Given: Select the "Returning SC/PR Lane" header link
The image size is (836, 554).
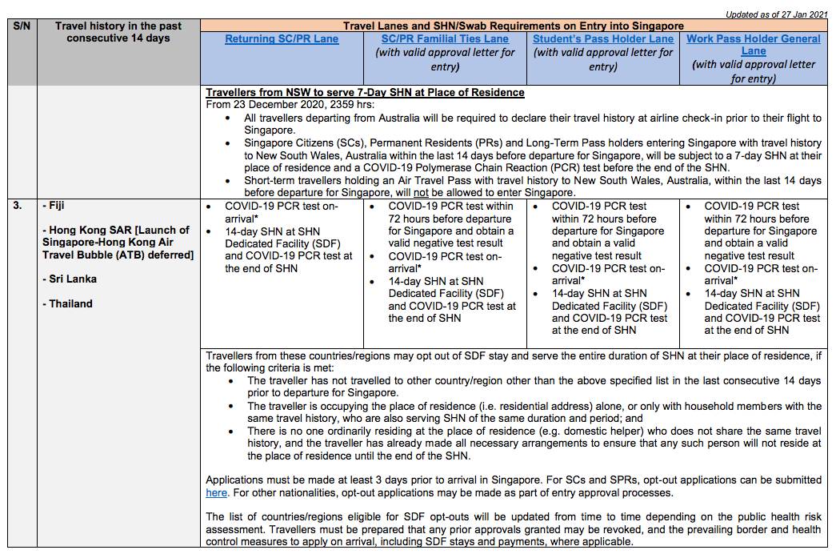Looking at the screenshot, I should click(282, 39).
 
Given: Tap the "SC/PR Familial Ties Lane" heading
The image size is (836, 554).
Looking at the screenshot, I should click(445, 39).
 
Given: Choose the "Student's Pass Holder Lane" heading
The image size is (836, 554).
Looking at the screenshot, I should click(603, 39).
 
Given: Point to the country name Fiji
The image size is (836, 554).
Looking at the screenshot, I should click(58, 206).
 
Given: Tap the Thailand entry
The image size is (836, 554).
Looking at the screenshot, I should click(70, 303).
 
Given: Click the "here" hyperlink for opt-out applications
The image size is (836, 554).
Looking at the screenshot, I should click(216, 492).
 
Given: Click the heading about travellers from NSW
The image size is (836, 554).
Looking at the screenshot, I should click(365, 92).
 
